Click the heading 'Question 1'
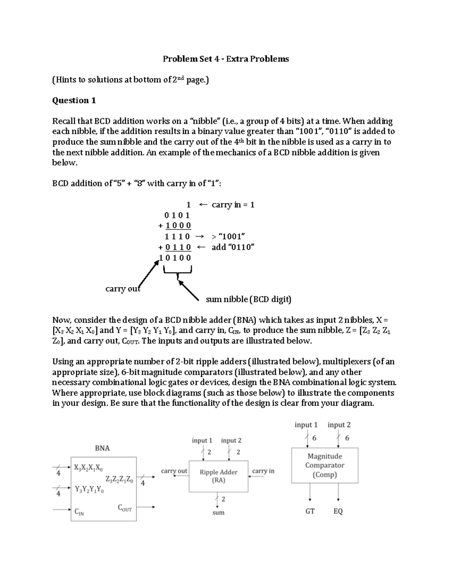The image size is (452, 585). [x=74, y=101]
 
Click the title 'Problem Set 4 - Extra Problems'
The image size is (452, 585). [x=226, y=59]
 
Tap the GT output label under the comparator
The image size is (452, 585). [x=310, y=511]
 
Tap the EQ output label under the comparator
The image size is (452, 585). [x=338, y=511]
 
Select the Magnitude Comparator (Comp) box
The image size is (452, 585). [x=325, y=465]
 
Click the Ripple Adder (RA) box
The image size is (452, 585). [x=218, y=476]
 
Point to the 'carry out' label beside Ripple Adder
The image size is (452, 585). [x=174, y=471]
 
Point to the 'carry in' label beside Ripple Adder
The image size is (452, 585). [x=263, y=471]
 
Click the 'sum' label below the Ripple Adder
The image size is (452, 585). [x=218, y=512]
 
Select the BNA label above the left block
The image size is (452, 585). [x=102, y=448]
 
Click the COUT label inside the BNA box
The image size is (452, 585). [x=125, y=508]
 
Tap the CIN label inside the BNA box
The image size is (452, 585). [x=79, y=512]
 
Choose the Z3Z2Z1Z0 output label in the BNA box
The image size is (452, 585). [x=119, y=480]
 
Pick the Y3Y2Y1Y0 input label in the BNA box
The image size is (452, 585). [x=89, y=489]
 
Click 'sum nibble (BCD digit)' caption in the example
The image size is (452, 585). [x=249, y=299]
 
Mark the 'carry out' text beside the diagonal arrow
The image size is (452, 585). [x=122, y=289]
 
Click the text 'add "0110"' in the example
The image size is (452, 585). [x=233, y=247]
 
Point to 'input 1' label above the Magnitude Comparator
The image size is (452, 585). [x=306, y=425]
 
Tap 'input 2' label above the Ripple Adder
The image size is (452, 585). [x=231, y=440]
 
